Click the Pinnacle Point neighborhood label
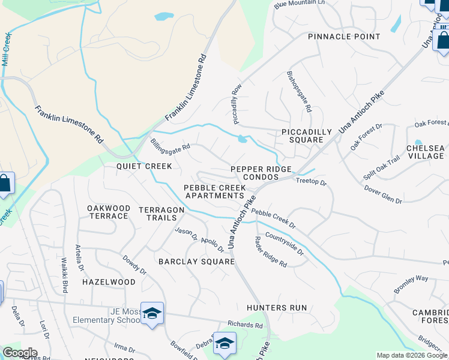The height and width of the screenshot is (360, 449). tap(344, 37)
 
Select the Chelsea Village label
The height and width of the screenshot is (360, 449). tap(425, 152)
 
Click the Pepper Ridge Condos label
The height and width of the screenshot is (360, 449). tap(264, 173)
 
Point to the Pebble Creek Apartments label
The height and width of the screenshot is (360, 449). tap(215, 191)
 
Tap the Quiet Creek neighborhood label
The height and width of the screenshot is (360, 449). tap(144, 166)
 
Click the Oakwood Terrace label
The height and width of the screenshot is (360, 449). tap(108, 212)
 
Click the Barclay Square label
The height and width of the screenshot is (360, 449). tap(196, 262)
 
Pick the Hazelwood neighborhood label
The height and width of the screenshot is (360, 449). tap(109, 281)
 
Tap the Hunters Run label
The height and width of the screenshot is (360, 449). tap(277, 308)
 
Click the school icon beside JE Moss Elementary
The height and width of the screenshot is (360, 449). tap(152, 313)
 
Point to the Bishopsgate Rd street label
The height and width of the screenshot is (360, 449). tap(299, 92)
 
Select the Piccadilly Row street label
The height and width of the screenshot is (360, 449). tap(237, 104)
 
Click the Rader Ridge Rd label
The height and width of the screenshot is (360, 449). tap(270, 251)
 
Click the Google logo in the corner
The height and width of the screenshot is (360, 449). tap(20, 353)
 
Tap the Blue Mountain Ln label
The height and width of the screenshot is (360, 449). tap(299, 4)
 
